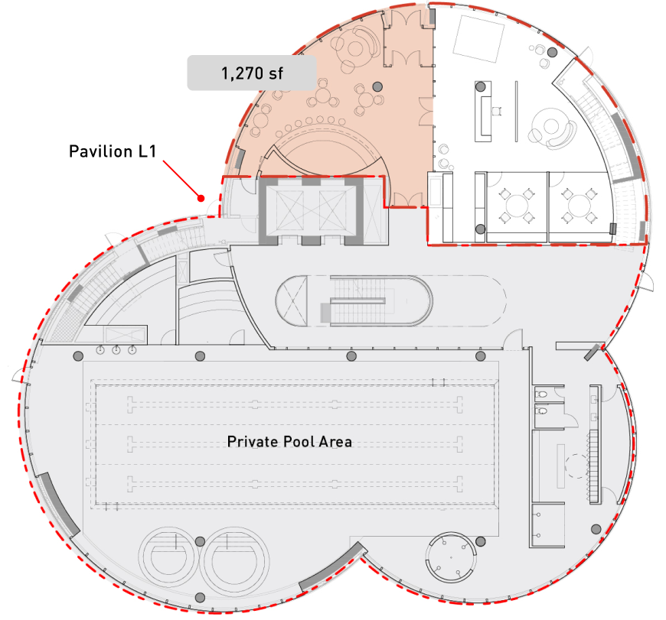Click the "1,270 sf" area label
252,73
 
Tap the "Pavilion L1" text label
113,151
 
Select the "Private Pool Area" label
289,441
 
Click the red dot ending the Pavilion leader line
201,197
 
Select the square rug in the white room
479,37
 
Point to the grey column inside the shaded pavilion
377,86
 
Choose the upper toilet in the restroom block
543,393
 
